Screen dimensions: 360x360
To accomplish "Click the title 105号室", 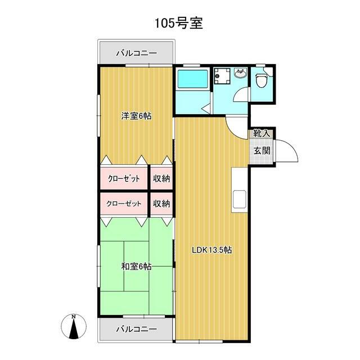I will (179, 23).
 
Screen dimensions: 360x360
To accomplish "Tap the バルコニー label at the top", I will (136, 54).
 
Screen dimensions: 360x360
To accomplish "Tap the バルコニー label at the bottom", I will (136, 329).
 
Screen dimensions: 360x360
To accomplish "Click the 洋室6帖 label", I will (136, 116).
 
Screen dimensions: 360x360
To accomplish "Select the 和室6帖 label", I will (136, 266).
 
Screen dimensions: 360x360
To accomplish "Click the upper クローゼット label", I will (124, 179).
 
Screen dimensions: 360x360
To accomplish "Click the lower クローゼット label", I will (124, 204).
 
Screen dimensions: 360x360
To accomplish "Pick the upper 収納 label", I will (161, 179).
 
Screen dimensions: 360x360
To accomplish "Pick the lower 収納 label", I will (161, 204).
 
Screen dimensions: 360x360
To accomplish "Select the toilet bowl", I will (262, 81).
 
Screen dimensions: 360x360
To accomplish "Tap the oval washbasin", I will (241, 74).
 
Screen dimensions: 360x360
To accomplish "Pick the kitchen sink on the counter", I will (239, 199).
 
